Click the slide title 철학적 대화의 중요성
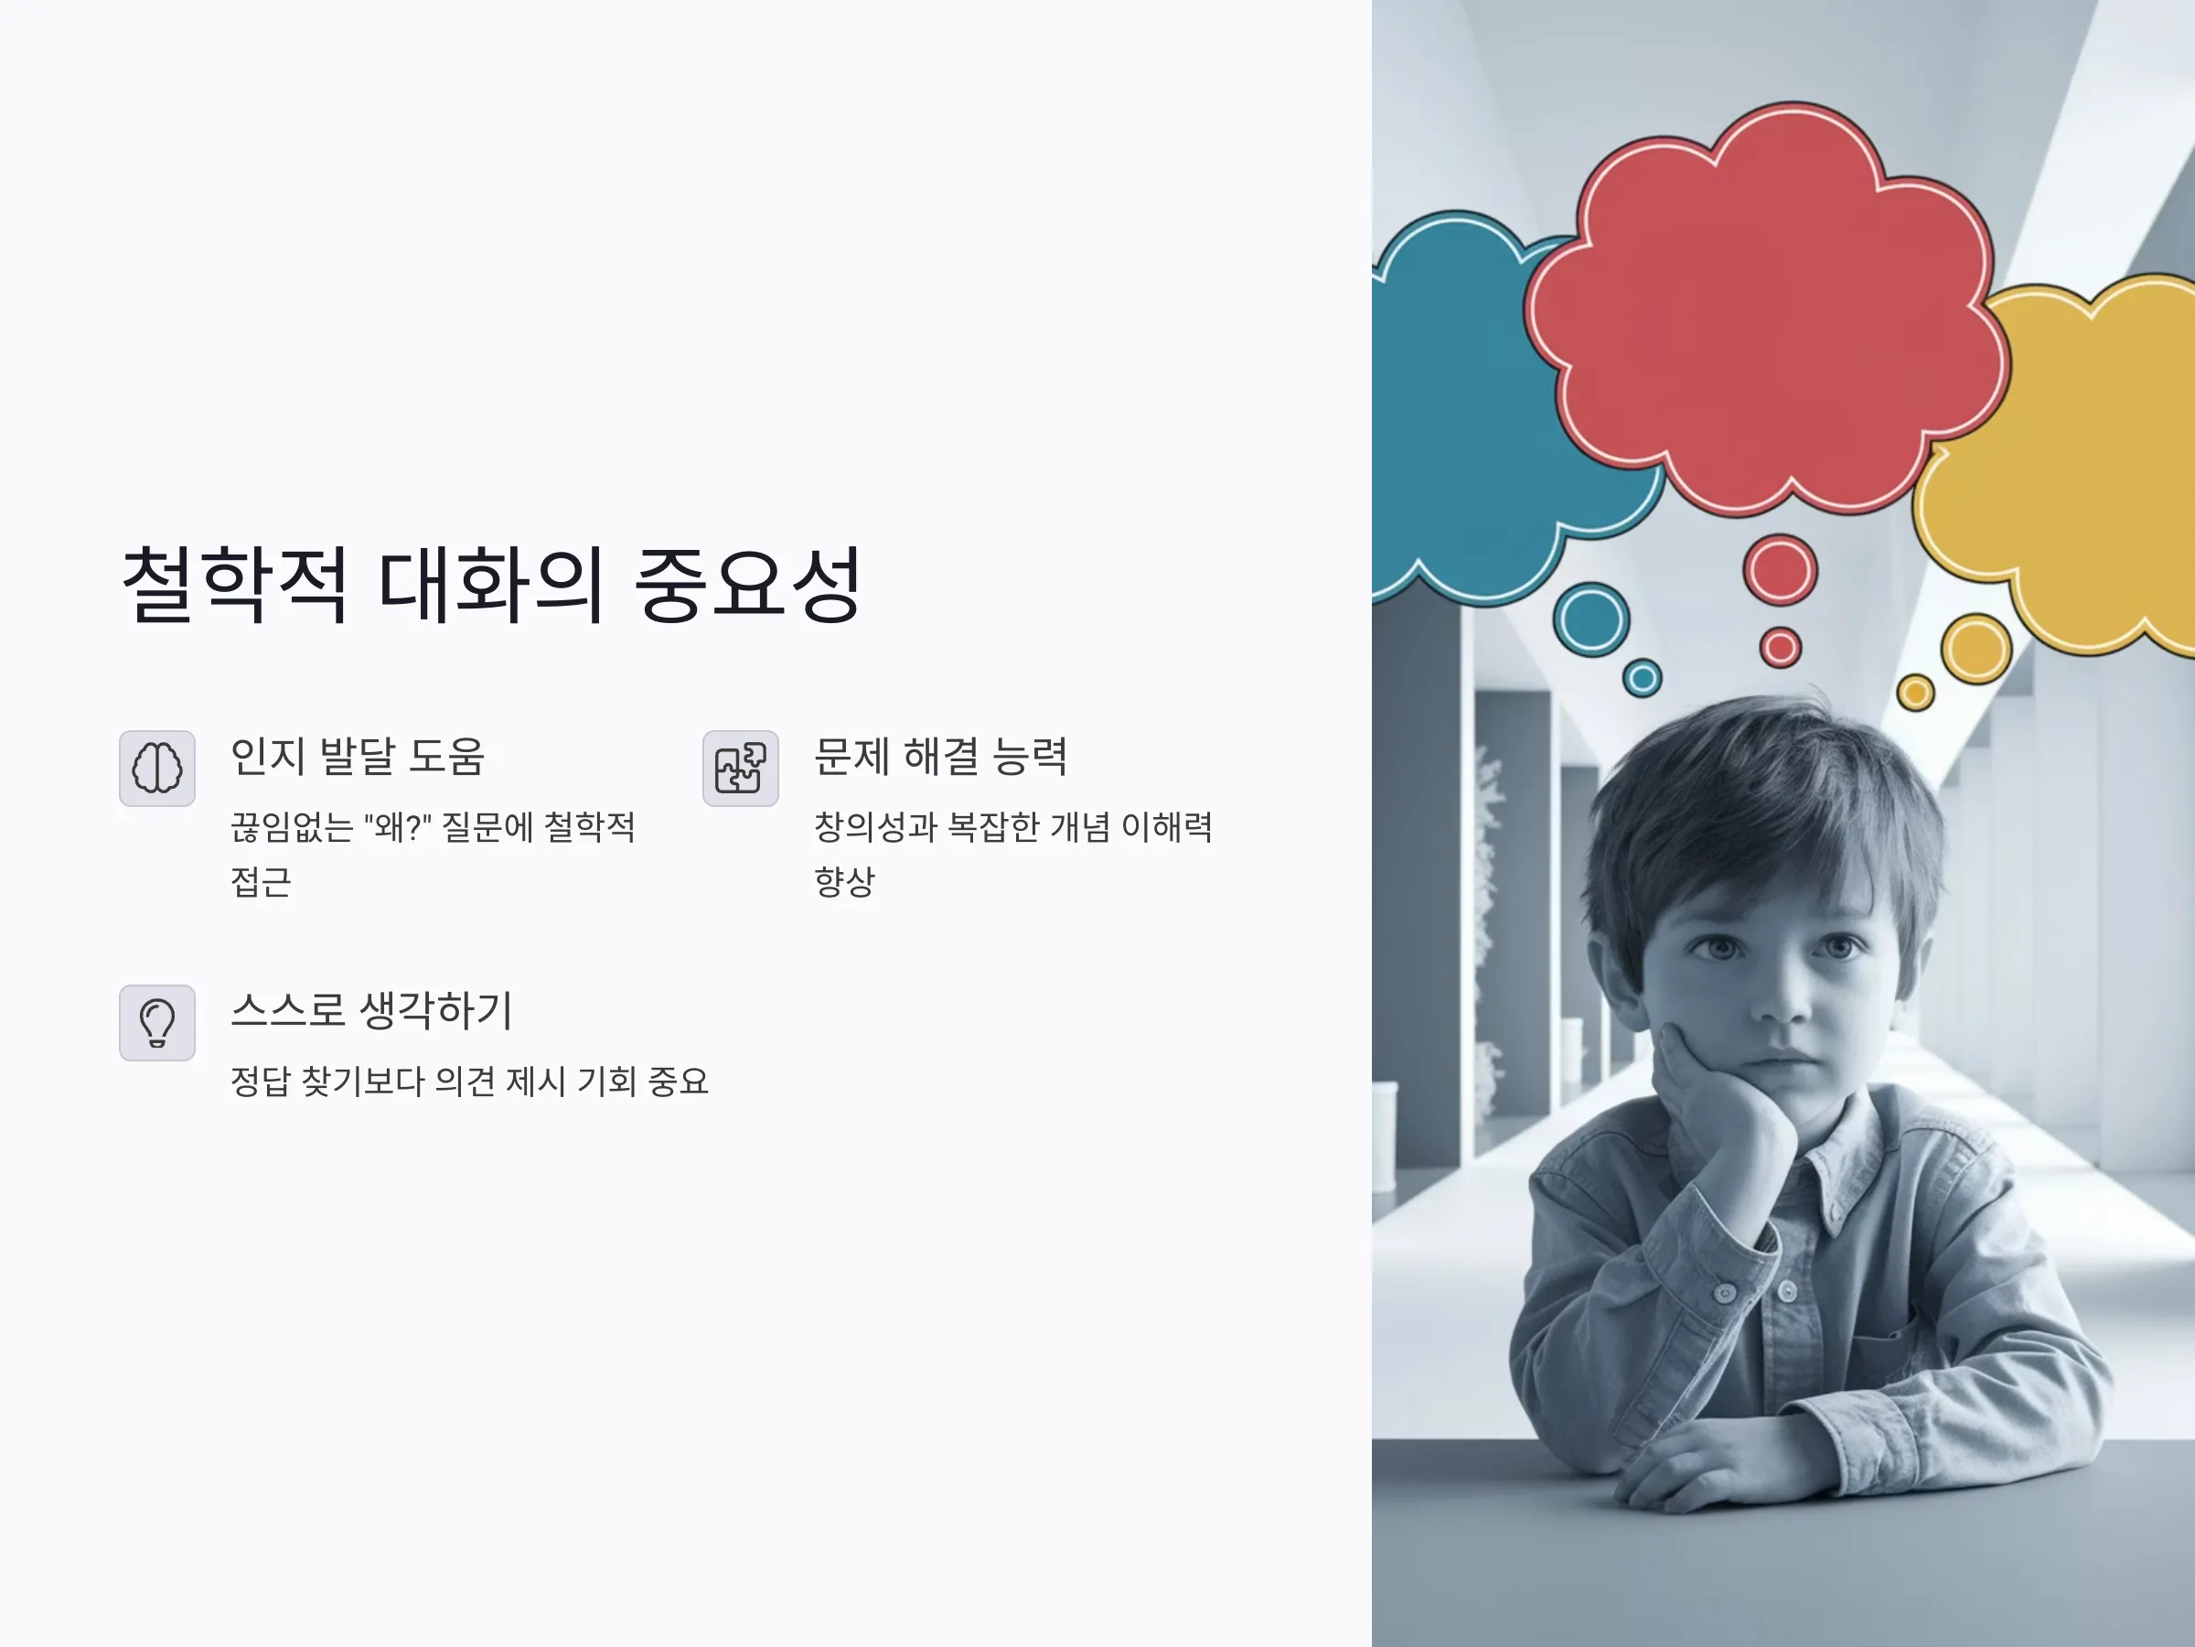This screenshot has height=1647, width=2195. (491, 584)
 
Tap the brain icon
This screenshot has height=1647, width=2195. (156, 769)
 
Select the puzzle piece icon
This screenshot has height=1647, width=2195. (740, 769)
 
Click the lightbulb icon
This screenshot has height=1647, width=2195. (156, 1023)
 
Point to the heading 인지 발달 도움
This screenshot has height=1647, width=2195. (358, 757)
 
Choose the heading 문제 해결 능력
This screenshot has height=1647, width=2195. (941, 757)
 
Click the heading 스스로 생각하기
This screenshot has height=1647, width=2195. (371, 1011)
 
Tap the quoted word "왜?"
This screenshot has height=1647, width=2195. (398, 827)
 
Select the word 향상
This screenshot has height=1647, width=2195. (844, 881)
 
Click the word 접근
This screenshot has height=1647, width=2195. (261, 881)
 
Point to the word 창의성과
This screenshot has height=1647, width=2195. (875, 827)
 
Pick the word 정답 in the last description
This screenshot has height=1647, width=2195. (260, 1082)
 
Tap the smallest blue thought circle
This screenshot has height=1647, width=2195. (1643, 678)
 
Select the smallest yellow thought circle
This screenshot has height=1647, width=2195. (1915, 692)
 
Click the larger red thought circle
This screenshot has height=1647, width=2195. (1780, 570)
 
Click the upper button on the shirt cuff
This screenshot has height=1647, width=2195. (1725, 1293)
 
